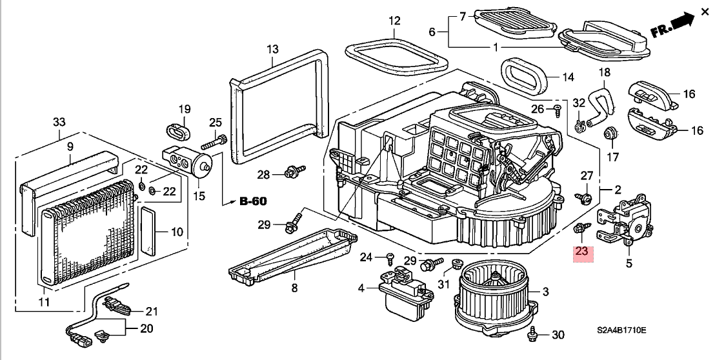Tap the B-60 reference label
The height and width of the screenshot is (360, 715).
click(x=254, y=201)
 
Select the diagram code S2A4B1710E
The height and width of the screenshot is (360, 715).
click(x=621, y=330)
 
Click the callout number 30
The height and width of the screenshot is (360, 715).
click(x=558, y=335)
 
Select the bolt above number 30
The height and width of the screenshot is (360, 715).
click(x=532, y=334)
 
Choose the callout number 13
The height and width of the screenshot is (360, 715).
click(x=272, y=48)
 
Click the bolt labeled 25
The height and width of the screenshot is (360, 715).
click(x=214, y=142)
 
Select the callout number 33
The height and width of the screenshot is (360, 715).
click(x=59, y=122)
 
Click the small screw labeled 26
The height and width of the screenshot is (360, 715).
click(x=557, y=110)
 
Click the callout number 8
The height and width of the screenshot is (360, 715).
click(x=294, y=288)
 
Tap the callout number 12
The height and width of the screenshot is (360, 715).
click(x=394, y=21)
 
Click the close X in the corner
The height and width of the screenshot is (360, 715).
click(x=705, y=12)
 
